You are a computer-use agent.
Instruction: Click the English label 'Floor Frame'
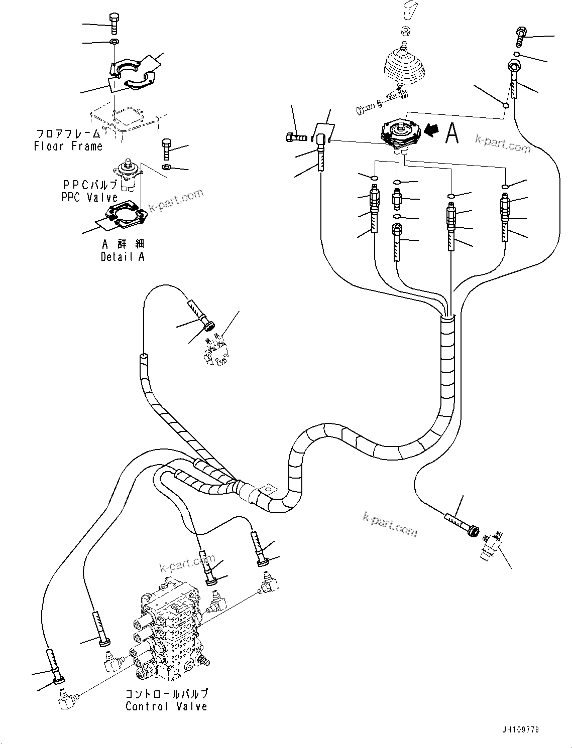point(68,146)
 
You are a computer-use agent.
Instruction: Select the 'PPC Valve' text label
point(89,197)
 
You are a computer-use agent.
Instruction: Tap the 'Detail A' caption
point(122,257)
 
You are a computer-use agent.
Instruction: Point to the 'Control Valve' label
point(166,706)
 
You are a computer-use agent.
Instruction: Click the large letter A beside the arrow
point(451,133)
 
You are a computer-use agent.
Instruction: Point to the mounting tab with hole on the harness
point(268,489)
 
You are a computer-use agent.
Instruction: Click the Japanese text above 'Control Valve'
point(166,694)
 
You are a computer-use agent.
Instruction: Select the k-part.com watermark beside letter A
point(502,145)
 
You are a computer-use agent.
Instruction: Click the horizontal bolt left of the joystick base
point(366,108)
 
